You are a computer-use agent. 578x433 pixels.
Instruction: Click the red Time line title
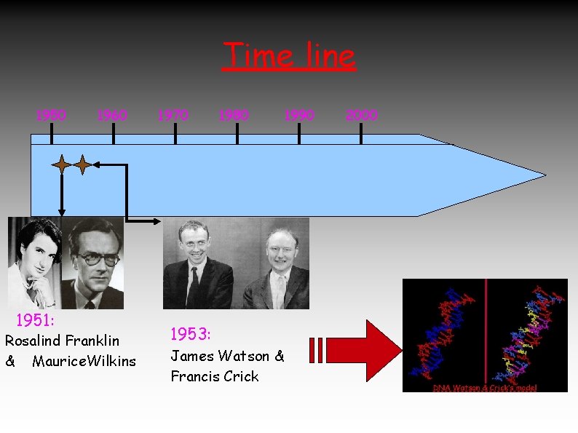click(x=289, y=56)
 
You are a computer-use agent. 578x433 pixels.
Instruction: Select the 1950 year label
click(x=52, y=115)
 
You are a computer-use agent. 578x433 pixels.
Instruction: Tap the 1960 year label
click(x=112, y=115)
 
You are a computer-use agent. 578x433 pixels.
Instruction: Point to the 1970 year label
click(x=173, y=115)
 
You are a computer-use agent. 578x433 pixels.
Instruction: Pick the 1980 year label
click(x=234, y=115)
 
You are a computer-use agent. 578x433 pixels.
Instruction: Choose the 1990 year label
click(x=299, y=115)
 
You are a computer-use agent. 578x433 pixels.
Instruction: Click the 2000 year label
click(x=362, y=115)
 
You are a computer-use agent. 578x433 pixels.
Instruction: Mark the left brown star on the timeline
click(x=62, y=166)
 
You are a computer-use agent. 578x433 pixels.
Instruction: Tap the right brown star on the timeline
click(x=83, y=166)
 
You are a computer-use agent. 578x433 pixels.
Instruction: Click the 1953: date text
click(x=191, y=335)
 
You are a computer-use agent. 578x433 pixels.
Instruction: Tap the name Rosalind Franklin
click(x=62, y=341)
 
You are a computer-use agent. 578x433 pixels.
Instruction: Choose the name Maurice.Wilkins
click(x=84, y=361)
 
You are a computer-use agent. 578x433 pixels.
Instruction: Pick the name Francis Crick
click(x=215, y=376)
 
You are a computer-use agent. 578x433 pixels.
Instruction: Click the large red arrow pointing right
click(x=357, y=349)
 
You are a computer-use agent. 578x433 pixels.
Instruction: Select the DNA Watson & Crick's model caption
click(x=485, y=388)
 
